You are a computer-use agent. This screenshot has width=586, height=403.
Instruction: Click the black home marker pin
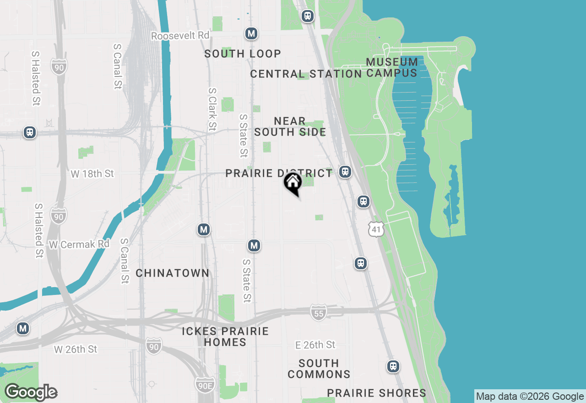[x=293, y=183]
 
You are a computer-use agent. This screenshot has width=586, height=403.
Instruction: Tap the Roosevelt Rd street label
[x=180, y=36]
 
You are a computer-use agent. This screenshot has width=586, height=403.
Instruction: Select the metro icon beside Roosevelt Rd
[x=250, y=33]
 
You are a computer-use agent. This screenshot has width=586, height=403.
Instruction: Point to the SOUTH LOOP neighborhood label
[x=243, y=54]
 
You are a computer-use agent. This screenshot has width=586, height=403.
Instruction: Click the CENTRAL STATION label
[x=306, y=74]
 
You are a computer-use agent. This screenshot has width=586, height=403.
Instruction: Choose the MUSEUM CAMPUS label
[x=392, y=67]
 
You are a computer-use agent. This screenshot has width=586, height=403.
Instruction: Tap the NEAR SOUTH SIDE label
[x=290, y=126]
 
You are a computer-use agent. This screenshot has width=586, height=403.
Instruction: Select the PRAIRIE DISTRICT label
[x=279, y=174]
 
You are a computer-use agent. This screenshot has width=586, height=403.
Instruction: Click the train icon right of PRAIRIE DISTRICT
[x=345, y=172]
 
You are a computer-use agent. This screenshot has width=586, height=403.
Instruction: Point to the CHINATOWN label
[x=173, y=273]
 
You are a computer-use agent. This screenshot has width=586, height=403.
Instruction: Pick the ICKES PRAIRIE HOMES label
[x=225, y=337]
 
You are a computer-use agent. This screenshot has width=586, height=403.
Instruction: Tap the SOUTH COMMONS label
[x=319, y=369]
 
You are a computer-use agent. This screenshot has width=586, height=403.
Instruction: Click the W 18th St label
[x=92, y=174]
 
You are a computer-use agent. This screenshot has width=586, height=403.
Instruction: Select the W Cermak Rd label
[x=79, y=245]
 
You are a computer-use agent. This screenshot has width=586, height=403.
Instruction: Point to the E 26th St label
[x=315, y=345]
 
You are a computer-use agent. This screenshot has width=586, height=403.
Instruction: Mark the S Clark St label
[x=212, y=109]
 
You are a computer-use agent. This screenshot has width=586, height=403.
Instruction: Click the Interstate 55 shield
[x=318, y=313]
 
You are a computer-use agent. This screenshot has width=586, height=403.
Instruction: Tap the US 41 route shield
[x=376, y=229]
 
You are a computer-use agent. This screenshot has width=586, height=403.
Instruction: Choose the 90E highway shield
[x=204, y=385]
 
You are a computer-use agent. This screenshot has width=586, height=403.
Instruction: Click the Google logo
[x=31, y=392]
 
